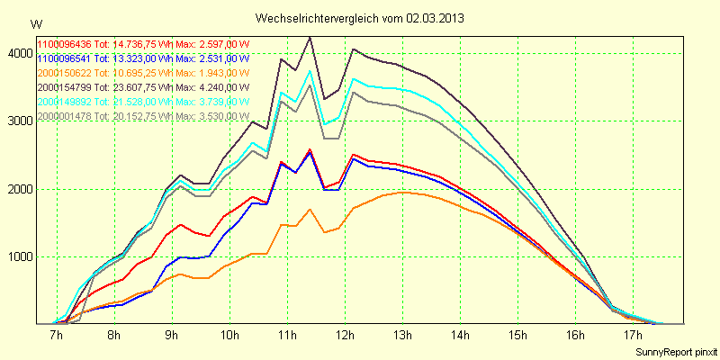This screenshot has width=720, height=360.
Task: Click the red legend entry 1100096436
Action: point(65,44)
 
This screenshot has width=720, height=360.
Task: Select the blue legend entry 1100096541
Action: point(65,58)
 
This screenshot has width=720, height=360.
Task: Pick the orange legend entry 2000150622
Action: point(65,73)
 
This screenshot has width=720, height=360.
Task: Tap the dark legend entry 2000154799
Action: point(65,87)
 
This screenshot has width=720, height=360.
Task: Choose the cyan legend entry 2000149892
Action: point(65,102)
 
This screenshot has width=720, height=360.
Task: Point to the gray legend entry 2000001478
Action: point(65,116)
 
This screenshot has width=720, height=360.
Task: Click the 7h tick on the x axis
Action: point(57,336)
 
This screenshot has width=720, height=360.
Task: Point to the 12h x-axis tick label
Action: point(345,336)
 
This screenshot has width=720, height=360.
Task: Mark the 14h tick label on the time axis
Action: point(460,336)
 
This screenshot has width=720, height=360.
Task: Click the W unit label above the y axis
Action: point(34,22)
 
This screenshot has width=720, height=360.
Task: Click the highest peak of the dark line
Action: point(310,38)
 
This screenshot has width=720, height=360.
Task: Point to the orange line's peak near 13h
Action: point(402,193)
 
